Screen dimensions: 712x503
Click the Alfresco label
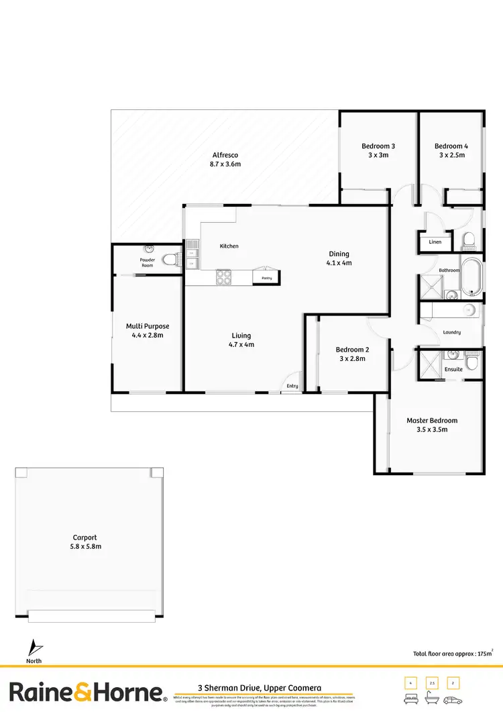pos(225,155)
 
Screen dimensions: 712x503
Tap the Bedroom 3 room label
pos(378,146)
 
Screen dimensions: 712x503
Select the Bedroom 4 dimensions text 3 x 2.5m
pos(451,155)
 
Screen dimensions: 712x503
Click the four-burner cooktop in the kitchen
pos(223,276)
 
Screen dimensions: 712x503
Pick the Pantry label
pos(266,276)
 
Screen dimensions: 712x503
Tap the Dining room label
pos(339,254)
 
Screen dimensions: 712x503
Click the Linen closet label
pos(435,242)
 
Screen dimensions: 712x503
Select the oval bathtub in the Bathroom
pos(473,276)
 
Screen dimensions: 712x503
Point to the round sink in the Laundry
pos(469,310)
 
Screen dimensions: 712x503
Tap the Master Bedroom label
pos(432,421)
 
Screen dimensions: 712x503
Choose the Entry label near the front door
pos(292,386)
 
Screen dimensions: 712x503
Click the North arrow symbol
pos(34,649)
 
